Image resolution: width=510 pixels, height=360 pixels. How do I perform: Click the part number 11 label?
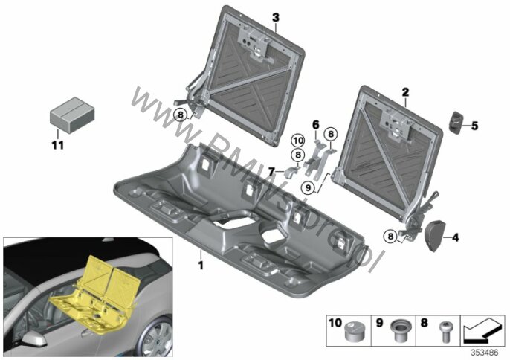(x=58, y=144)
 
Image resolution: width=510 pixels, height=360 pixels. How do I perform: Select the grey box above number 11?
(x=72, y=115)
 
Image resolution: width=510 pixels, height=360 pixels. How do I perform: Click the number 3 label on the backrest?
(x=276, y=17)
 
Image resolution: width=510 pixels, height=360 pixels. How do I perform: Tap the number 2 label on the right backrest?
(x=405, y=92)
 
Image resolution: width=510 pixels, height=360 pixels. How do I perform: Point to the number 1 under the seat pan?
(x=201, y=265)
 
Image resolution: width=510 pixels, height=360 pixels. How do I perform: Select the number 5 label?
(x=474, y=125)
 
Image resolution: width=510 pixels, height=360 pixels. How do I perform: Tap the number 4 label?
(x=455, y=237)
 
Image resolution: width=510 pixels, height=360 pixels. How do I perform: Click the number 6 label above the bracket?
(x=316, y=125)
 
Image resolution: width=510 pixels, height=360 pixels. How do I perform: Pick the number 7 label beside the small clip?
(x=271, y=171)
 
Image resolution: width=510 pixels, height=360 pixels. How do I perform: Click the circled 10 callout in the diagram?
(x=297, y=141)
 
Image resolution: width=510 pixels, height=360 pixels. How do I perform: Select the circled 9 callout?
(x=308, y=188)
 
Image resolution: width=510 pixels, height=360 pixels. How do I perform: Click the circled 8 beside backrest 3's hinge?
(x=181, y=115)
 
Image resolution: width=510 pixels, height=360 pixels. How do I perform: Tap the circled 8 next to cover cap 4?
(x=390, y=236)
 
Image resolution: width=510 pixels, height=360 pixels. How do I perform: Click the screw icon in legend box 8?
(x=444, y=331)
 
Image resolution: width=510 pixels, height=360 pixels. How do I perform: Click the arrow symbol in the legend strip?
(x=482, y=331)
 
